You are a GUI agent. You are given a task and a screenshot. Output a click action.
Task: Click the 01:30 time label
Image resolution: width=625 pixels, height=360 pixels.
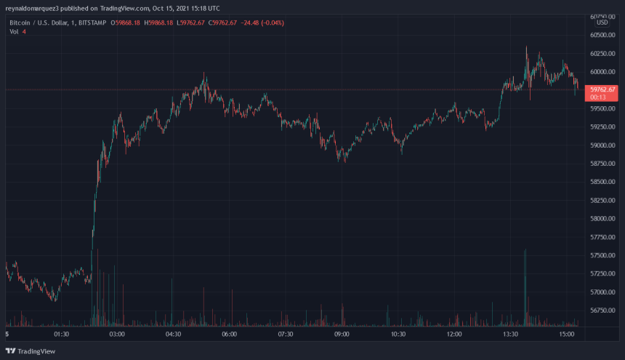coord(61,335)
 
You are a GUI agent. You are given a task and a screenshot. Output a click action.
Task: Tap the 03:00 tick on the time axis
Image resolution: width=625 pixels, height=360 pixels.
coord(117,335)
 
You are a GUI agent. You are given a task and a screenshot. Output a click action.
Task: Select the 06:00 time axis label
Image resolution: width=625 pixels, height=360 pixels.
coord(230,335)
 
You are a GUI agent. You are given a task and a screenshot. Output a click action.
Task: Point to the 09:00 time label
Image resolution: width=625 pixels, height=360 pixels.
coord(342,335)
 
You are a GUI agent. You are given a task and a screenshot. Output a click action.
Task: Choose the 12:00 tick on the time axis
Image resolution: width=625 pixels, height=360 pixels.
coord(454,335)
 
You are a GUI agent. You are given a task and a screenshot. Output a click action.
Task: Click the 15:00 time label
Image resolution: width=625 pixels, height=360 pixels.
coord(567,335)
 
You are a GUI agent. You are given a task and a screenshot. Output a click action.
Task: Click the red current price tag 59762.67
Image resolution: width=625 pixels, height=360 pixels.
coord(604,89)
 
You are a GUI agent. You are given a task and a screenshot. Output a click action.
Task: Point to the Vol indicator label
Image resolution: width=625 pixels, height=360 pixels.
coord(14,31)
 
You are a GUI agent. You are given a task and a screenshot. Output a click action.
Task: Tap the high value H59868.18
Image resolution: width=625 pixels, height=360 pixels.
coord(159,23)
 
